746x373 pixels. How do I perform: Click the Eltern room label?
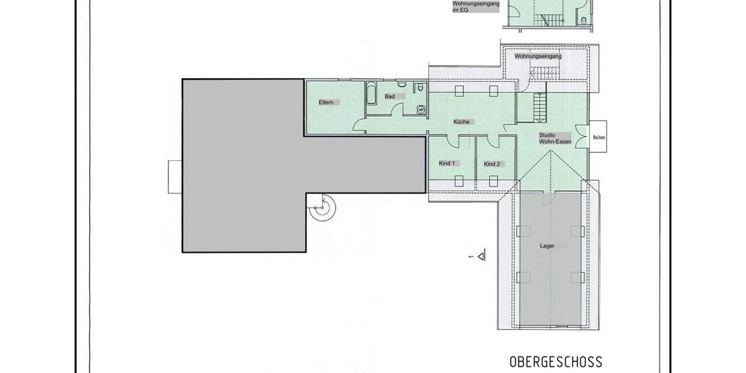(326, 102)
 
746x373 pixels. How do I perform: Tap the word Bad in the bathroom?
(390, 96)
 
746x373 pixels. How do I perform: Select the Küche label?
(461, 122)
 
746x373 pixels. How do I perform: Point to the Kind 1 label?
(447, 163)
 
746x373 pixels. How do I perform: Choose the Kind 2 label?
(492, 164)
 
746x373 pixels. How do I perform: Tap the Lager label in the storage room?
(547, 246)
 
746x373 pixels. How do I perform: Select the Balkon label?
(599, 137)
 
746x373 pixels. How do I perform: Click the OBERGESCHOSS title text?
(556, 362)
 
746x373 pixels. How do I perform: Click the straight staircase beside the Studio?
(539, 107)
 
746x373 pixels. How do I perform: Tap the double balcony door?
(581, 137)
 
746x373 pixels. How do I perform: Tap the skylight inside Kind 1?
(459, 181)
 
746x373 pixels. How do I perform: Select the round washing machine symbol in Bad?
(421, 109)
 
